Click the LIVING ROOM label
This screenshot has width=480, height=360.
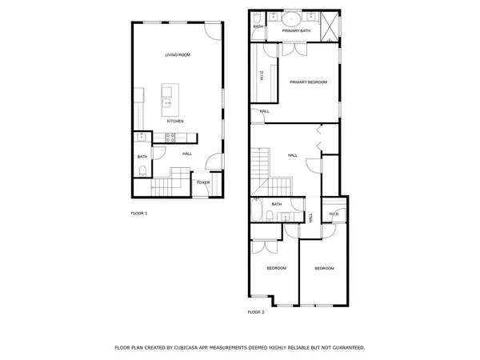click(177, 55)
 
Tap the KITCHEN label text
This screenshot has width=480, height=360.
click(175, 122)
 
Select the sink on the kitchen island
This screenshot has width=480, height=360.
click(168, 102)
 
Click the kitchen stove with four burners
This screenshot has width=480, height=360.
click(170, 136)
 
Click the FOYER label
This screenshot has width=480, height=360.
click(203, 183)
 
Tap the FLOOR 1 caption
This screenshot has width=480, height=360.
click(139, 213)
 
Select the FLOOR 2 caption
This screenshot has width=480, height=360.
click(255, 311)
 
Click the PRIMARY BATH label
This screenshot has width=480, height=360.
click(295, 30)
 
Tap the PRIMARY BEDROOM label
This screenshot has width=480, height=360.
click(308, 82)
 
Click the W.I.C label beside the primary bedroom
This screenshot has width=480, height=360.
click(261, 77)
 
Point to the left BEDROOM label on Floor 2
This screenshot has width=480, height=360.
click(276, 268)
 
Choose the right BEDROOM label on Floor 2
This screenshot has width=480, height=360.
click(324, 268)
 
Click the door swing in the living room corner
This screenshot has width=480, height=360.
click(211, 29)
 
